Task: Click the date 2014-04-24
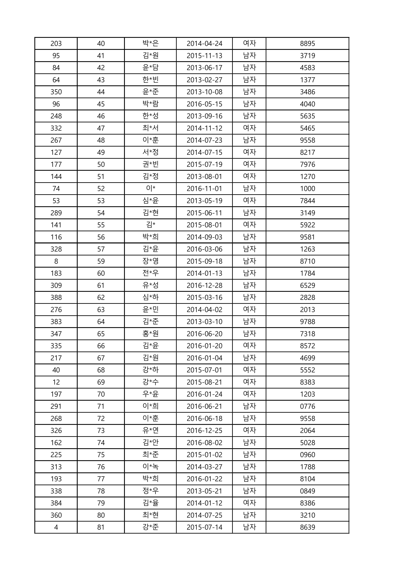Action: pos(204,43)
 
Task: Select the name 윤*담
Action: pos(150,68)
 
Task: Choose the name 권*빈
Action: pos(150,164)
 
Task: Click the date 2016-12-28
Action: pos(204,286)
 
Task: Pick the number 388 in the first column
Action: pos(56,298)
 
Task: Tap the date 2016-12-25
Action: pos(204,430)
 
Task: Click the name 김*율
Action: pos(150,503)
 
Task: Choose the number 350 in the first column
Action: pos(56,92)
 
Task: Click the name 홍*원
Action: pos(150,334)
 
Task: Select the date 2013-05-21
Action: pos(204,491)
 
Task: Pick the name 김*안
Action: pos(150,443)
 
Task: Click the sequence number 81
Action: pos(101,527)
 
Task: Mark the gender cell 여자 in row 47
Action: pos(249,128)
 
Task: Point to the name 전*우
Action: pos(150,273)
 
